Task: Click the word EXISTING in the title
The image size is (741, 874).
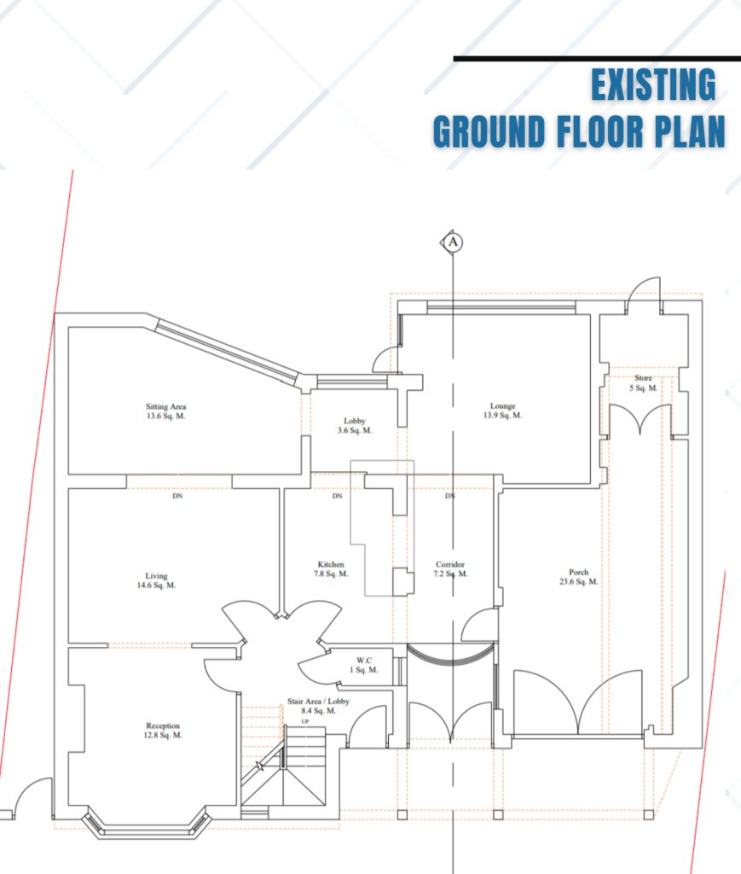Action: tap(653, 84)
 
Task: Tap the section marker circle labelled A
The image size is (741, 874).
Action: tap(453, 242)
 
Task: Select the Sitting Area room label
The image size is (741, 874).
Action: tap(166, 411)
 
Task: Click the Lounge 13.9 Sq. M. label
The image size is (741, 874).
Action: tap(503, 411)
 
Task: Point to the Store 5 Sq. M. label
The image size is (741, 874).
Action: tap(644, 383)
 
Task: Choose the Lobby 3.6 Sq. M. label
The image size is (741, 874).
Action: tap(355, 426)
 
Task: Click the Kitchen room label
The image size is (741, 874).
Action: tap(331, 569)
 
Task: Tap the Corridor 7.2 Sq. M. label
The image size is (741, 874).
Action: tap(450, 569)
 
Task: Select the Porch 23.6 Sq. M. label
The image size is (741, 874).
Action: tap(579, 577)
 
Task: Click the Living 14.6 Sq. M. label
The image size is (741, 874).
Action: tap(156, 580)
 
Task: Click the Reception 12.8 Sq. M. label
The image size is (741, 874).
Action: tap(163, 731)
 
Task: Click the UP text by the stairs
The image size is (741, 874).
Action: tap(305, 722)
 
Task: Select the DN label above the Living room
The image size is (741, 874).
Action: tap(177, 496)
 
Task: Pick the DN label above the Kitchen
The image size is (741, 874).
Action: tap(338, 496)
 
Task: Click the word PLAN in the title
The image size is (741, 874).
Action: tap(690, 131)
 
